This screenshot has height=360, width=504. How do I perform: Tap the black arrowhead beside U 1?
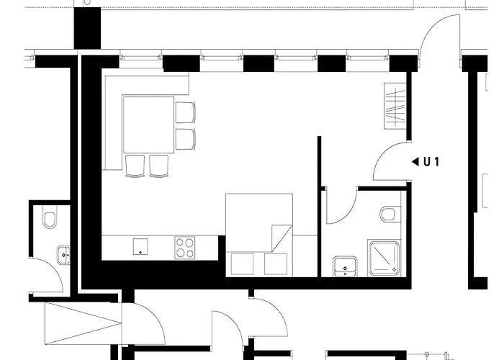coord(415,162)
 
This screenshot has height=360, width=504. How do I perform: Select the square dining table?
coord(148,125)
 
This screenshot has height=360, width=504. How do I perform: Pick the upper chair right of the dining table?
coord(186,112)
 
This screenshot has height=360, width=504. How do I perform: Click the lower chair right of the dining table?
coord(186,139)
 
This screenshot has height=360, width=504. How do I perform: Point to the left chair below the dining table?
coord(135,166)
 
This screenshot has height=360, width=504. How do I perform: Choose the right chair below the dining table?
coord(159,166)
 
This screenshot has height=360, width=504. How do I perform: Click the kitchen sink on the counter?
coord(140,246)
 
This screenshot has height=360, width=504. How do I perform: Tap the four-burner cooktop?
coord(185,248)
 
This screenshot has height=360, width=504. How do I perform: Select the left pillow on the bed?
coord(243,264)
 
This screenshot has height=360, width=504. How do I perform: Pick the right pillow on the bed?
coord(276,264)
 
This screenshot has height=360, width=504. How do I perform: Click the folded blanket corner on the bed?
coord(282,238)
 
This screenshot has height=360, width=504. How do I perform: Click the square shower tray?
coord(384,258)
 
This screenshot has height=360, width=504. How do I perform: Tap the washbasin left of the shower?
coord(345,266)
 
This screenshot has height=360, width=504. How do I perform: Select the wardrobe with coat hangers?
coord(395,106)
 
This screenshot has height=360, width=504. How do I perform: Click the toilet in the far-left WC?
coord(50,219)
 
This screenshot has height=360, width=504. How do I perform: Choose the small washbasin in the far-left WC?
coord(63,255)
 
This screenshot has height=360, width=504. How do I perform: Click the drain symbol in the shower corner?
coord(394,269)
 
